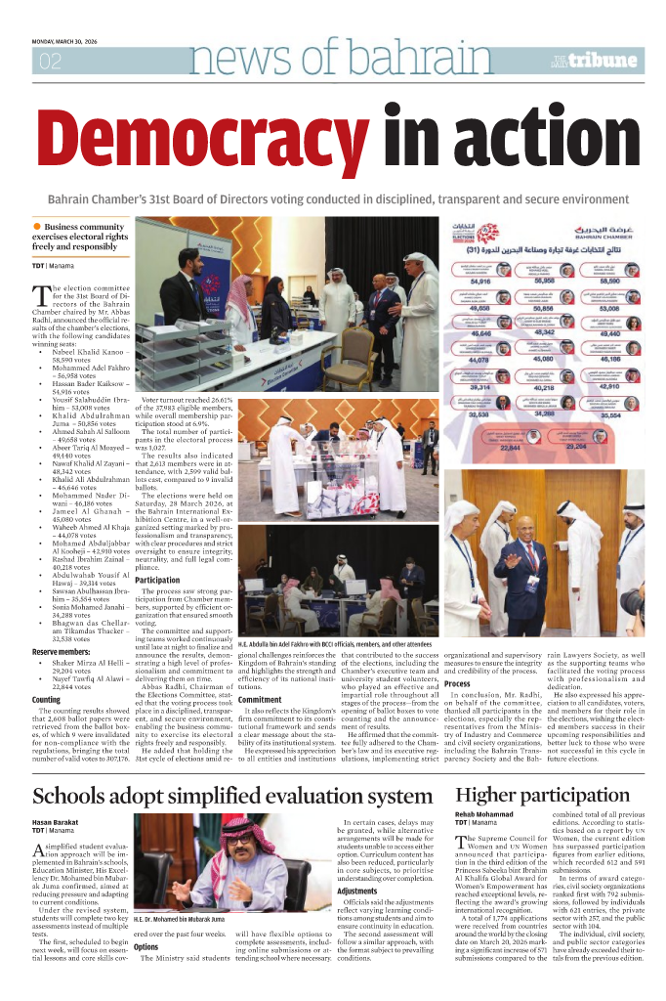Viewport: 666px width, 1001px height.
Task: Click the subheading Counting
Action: pos(47,701)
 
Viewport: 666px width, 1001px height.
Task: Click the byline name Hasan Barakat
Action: pos(57,823)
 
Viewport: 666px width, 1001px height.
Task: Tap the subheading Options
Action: pos(146,947)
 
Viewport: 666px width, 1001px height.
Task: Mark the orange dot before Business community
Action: pos(37,227)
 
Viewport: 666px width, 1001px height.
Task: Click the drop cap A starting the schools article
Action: pos(40,849)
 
